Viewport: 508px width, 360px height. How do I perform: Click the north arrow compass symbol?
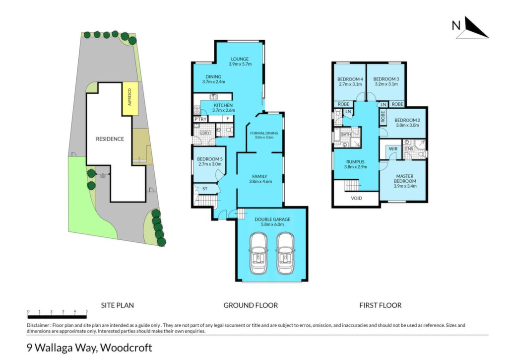pos(471,28)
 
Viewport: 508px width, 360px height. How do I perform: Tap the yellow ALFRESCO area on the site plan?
pos(130,99)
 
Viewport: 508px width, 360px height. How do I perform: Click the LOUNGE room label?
pos(240,59)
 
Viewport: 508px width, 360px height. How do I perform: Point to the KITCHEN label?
pos(223,105)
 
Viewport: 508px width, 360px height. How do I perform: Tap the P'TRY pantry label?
pos(200,119)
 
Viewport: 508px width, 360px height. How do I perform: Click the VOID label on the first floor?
pos(356,198)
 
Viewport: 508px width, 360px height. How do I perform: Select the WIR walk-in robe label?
pos(393,149)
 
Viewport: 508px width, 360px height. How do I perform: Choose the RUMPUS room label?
pos(355,162)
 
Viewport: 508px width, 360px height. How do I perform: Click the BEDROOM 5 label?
pos(210,159)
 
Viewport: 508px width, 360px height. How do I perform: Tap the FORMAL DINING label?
pos(264,133)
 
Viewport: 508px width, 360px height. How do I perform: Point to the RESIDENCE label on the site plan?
pos(110,139)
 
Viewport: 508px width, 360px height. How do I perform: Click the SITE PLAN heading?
pos(117,305)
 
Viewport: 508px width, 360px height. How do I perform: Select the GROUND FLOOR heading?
pos(251,305)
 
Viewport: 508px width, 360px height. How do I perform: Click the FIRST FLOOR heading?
pos(381,305)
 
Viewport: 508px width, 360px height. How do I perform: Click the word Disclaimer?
pos(38,325)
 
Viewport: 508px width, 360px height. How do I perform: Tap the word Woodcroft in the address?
pos(126,348)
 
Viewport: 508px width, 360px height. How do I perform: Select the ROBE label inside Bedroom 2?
pos(383,117)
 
